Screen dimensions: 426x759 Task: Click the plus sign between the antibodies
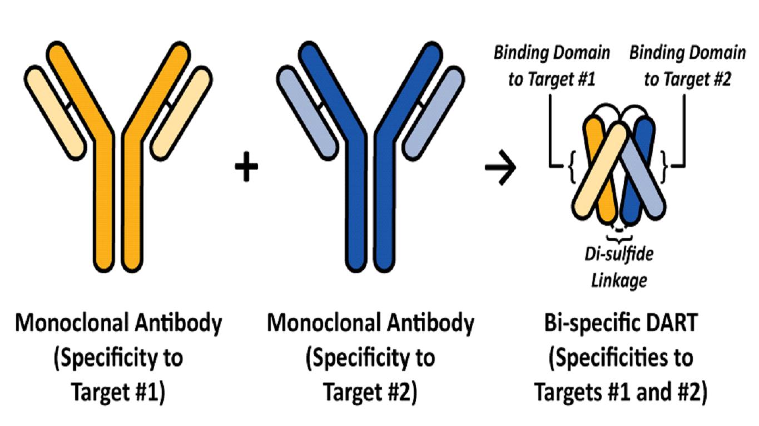(246, 168)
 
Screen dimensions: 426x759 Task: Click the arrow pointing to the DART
(500, 167)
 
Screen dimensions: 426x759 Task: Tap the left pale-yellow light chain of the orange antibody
(56, 111)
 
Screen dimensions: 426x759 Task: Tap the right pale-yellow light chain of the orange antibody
(181, 111)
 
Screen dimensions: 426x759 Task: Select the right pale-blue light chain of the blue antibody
(433, 111)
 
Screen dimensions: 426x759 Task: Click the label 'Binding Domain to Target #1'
(552, 66)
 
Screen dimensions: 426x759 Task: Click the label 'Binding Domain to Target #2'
(687, 66)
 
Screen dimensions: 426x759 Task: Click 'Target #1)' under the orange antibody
(118, 392)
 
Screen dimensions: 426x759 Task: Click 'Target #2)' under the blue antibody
(370, 392)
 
